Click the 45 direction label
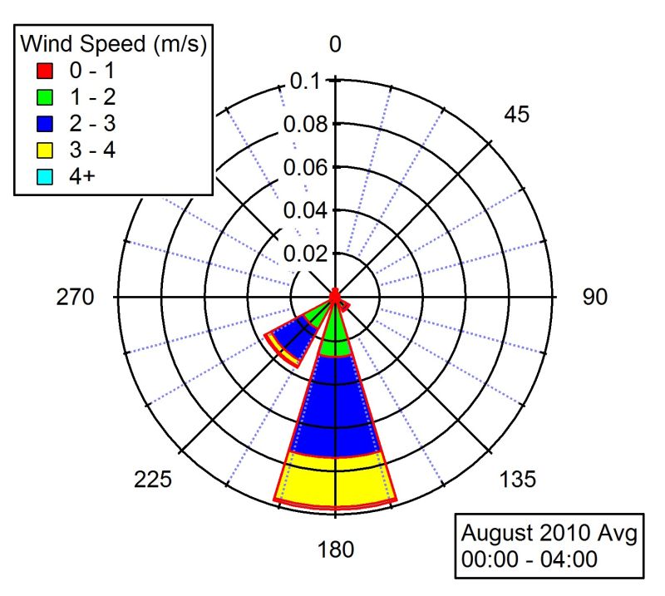click(x=517, y=115)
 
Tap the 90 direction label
click(x=595, y=298)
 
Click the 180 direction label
click(x=335, y=549)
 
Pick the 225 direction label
click(x=153, y=480)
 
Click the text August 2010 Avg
click(x=549, y=532)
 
